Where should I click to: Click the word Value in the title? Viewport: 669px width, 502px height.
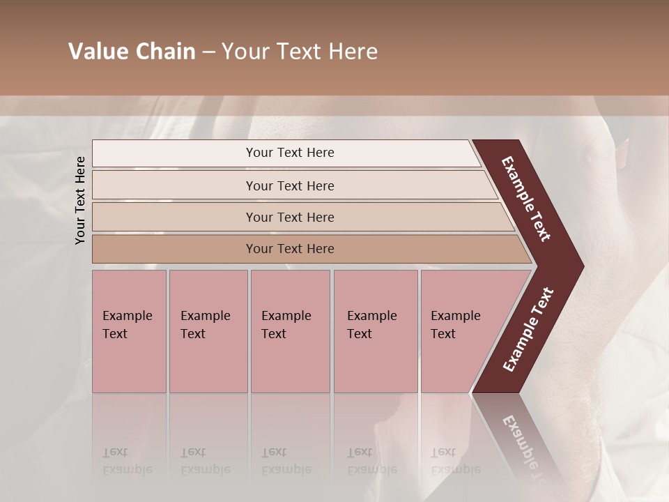95,52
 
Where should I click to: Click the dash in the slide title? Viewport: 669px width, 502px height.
208,52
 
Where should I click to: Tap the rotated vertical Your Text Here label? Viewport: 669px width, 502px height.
80,201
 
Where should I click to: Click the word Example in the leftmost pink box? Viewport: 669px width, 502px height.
127,316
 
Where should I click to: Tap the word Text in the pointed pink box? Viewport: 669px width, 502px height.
443,334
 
